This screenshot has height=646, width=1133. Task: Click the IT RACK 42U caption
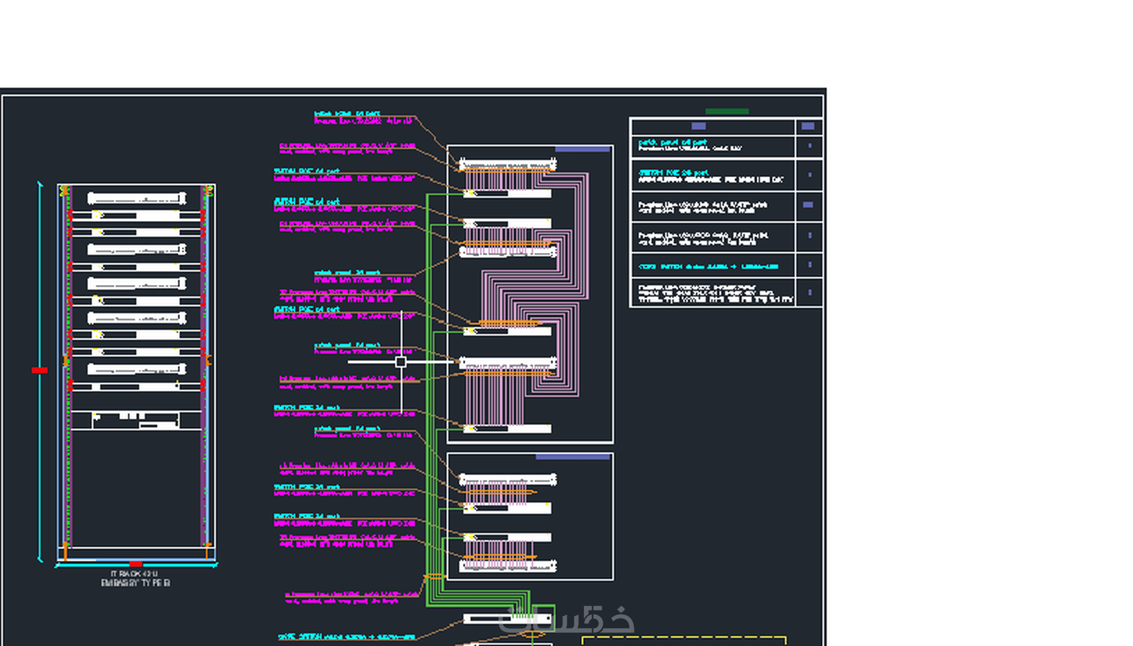[x=135, y=573]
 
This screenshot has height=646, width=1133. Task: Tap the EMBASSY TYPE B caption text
[x=135, y=583]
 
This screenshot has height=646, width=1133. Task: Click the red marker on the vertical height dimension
[x=39, y=370]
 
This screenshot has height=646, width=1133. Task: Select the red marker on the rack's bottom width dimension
[x=136, y=564]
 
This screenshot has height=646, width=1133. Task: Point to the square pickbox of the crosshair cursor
[x=401, y=362]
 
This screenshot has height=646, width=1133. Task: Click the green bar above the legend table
[x=727, y=111]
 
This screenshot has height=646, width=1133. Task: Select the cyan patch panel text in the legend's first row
[x=672, y=142]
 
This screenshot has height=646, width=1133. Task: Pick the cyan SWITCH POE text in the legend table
[x=673, y=172]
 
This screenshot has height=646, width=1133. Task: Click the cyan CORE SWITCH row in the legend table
[x=708, y=266]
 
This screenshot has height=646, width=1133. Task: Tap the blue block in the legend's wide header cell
[x=698, y=126]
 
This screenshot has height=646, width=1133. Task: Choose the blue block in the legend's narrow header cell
[x=808, y=126]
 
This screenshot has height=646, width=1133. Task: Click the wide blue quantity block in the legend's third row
[x=808, y=205]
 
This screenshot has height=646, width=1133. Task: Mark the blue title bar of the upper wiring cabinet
[x=582, y=149]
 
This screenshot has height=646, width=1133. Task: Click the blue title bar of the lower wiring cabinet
[x=572, y=457]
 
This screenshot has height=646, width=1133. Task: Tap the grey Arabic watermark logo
[x=566, y=620]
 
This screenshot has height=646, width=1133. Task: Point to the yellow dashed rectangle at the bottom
[x=684, y=640]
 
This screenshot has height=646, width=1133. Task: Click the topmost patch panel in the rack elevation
[x=136, y=198]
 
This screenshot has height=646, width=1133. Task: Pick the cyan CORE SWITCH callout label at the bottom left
[x=346, y=637]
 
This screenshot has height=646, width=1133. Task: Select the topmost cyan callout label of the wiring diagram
[x=347, y=114]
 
